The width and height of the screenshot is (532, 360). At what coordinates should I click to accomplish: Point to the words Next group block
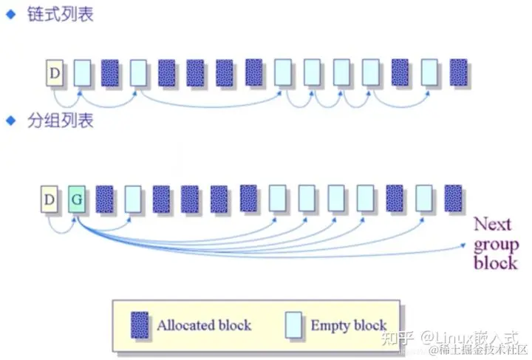point(495,243)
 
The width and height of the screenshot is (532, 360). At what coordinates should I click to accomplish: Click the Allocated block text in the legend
point(204,325)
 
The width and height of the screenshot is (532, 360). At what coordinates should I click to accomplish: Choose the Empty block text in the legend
point(348,325)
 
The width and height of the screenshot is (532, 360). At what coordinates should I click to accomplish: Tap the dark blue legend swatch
point(140,325)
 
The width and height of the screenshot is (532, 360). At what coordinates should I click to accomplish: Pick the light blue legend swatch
point(293,325)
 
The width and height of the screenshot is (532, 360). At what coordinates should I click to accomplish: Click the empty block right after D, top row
point(82,72)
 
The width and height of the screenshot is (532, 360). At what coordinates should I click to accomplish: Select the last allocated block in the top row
point(459,72)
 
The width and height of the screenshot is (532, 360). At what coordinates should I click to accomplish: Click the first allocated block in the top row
point(110,72)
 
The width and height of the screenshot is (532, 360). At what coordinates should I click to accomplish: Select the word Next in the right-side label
point(491,224)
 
